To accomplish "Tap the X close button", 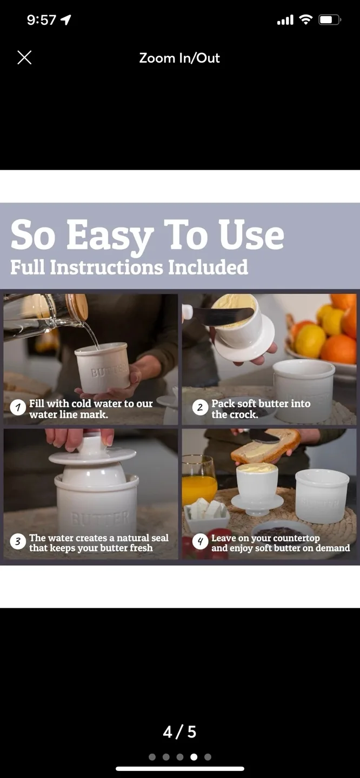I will click(24, 58).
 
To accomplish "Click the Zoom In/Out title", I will click(179, 58).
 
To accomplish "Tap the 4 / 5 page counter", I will click(179, 732).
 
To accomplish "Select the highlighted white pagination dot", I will click(194, 757).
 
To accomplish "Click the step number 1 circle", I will click(18, 408).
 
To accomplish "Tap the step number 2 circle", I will click(200, 408).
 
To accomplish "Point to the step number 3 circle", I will click(18, 542).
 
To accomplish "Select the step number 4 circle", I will click(200, 542).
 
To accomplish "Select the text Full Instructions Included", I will click(129, 267).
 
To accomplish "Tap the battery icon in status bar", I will click(329, 20).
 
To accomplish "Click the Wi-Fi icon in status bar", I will click(306, 20).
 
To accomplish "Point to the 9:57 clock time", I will click(42, 20).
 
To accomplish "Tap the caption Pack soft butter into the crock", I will click(261, 409).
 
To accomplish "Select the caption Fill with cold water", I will click(91, 409).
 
